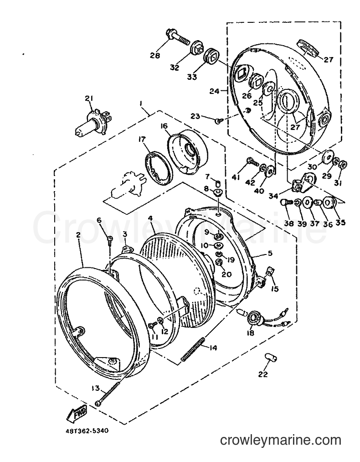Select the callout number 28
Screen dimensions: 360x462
point(155,55)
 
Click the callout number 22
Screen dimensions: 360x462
point(263,374)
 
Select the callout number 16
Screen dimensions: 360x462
point(164,126)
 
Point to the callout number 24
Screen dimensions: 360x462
point(214,92)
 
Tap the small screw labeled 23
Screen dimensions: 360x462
point(218,120)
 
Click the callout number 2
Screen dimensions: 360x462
point(78,235)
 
